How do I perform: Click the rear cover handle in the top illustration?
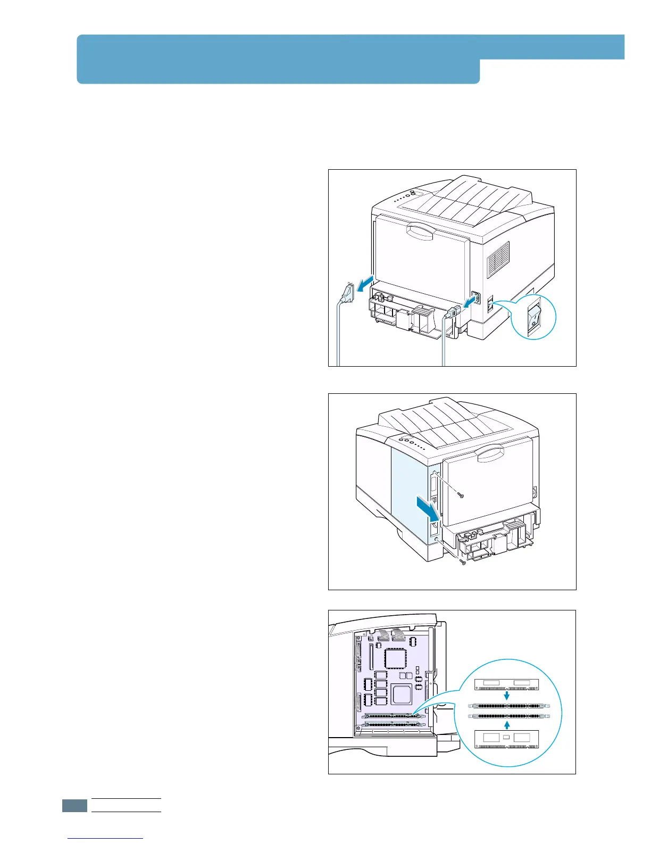point(421,232)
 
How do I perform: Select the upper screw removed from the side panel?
point(461,494)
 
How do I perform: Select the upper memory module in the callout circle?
point(507,684)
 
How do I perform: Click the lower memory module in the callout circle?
point(507,740)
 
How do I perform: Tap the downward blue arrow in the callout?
point(507,695)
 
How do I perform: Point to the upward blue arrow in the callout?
point(507,724)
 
